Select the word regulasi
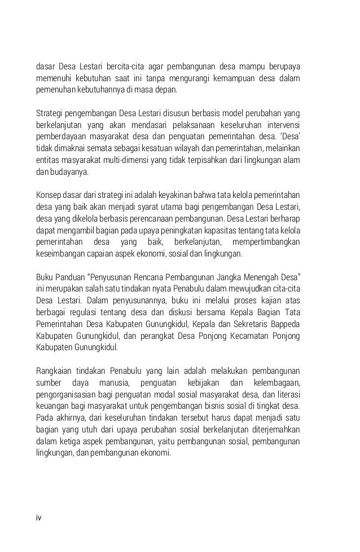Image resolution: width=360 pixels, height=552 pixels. pos(80,306)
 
